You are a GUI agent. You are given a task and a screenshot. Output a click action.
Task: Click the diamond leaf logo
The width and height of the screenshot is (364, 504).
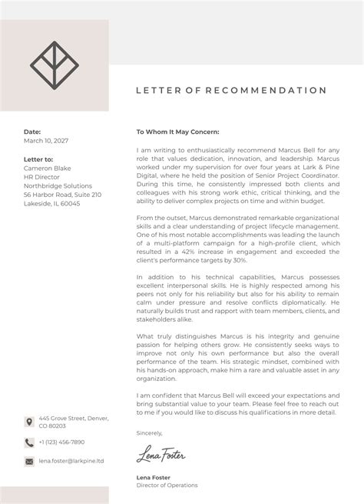coord(54,65)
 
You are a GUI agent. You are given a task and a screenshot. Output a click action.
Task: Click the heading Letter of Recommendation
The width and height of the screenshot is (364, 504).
coord(231,90)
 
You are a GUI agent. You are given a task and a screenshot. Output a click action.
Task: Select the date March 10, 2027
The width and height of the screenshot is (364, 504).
coord(45,141)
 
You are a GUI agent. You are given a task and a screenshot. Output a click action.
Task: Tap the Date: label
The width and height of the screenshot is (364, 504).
coord(32,132)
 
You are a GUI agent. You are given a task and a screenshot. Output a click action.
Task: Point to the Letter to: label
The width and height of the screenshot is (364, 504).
coord(39,159)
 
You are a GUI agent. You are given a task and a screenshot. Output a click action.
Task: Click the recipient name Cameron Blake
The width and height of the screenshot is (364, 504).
coord(48,168)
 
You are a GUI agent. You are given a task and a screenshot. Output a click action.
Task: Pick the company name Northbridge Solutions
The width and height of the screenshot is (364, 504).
coord(57,185)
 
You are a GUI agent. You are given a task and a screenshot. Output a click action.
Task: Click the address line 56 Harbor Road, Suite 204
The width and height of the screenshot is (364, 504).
coord(61,195)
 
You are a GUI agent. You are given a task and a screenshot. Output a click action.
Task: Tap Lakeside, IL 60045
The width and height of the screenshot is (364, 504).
coord(51,204)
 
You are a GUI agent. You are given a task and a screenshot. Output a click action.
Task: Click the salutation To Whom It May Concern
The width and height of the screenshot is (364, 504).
coord(177,132)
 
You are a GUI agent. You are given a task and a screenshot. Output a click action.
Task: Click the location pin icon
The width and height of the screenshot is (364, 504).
coord(29,422)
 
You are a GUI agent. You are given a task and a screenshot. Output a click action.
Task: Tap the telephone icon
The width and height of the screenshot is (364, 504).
coord(29,442)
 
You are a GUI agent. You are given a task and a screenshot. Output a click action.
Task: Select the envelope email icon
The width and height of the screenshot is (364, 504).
coord(29,461)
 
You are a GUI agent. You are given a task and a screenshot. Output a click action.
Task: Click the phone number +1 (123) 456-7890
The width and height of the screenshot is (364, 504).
coord(61,442)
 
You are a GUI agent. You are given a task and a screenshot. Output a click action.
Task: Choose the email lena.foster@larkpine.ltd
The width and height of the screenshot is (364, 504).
coord(71,461)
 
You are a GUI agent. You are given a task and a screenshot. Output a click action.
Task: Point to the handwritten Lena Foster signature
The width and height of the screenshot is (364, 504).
coord(160,456)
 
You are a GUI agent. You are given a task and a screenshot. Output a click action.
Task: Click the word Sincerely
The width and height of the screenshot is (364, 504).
coord(149,433)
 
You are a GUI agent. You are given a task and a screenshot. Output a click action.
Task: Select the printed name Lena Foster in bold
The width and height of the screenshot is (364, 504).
coord(153,477)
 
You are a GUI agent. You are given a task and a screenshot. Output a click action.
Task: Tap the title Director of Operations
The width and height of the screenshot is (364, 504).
coord(167,486)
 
